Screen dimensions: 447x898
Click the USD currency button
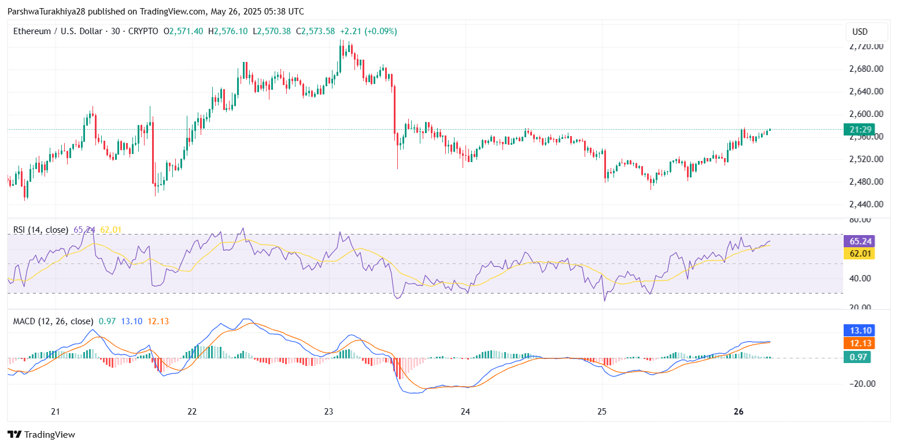pyautogui.click(x=866, y=32)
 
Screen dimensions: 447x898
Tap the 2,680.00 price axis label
pyautogui.click(x=866, y=69)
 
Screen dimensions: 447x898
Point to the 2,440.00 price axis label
pyautogui.click(x=866, y=204)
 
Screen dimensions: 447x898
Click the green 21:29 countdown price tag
pyautogui.click(x=859, y=130)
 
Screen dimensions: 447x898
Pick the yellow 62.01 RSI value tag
pyautogui.click(x=859, y=254)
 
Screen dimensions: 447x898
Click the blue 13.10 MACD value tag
pyautogui.click(x=859, y=331)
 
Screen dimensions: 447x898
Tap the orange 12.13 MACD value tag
pyautogui.click(x=859, y=343)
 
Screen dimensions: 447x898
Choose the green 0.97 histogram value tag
pyautogui.click(x=859, y=357)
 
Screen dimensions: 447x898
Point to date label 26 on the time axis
pyautogui.click(x=738, y=412)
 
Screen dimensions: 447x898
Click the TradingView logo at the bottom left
pyautogui.click(x=41, y=434)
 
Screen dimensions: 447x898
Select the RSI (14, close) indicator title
pyautogui.click(x=40, y=230)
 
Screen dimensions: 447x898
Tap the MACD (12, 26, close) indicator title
pyautogui.click(x=53, y=321)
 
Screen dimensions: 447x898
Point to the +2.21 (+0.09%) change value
pyautogui.click(x=368, y=31)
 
